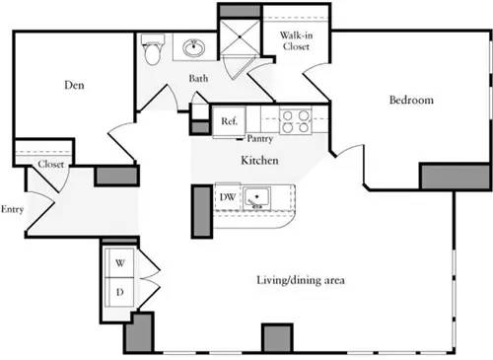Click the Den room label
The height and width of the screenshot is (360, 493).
(x=73, y=86)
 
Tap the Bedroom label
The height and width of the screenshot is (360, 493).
(x=410, y=101)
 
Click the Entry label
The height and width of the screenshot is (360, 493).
(x=13, y=209)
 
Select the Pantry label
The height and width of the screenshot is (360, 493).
(x=260, y=139)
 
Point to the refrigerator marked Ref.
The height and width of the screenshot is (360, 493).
(x=229, y=120)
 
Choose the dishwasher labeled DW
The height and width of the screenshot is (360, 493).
(x=227, y=197)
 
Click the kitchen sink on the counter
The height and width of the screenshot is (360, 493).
(x=258, y=198)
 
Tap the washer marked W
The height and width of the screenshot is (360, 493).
(x=120, y=263)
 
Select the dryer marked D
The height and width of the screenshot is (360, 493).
(x=120, y=292)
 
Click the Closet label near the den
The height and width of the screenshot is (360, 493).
(x=51, y=165)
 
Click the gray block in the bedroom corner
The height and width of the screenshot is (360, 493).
(x=455, y=177)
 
